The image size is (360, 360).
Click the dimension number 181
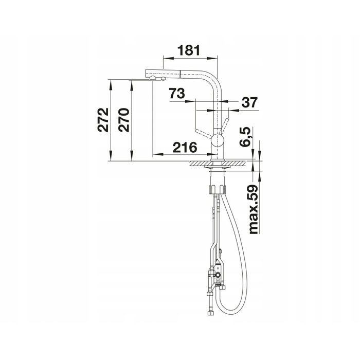pos(189,50)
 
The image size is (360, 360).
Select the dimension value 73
pos(177,93)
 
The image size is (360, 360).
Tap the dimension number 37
pos(249,102)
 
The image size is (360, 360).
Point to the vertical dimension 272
pos(103,120)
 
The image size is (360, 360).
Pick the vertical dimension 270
pos(124,120)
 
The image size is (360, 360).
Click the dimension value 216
pos(185,148)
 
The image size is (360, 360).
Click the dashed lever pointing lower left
pos(203,133)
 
